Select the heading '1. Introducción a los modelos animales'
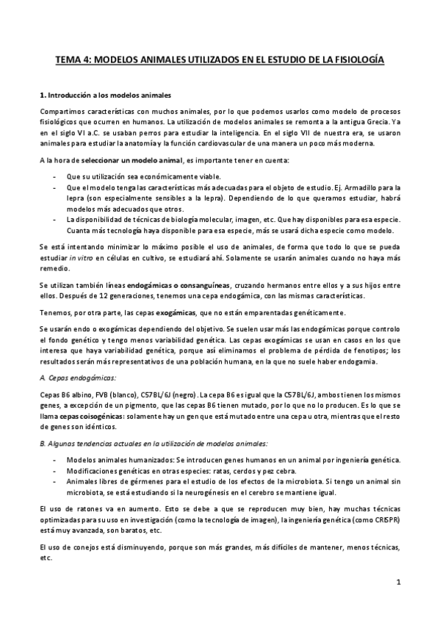pos(107,96)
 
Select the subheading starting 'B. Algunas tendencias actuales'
pos(154,444)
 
